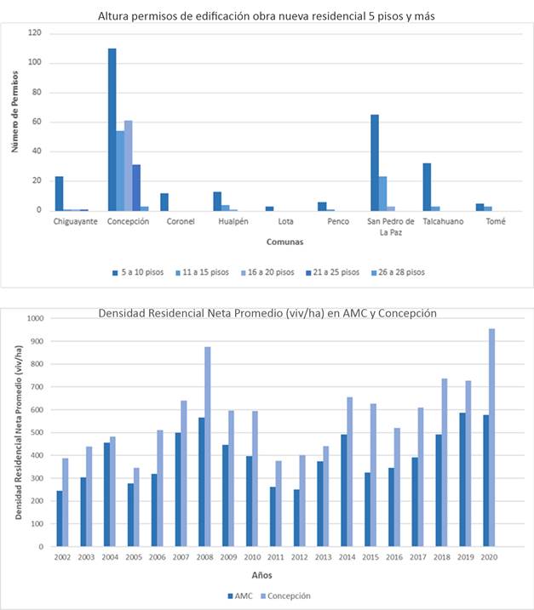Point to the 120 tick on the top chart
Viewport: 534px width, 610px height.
click(34, 34)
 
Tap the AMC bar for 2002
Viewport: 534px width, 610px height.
click(60, 518)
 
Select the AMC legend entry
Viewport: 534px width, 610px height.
click(242, 596)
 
